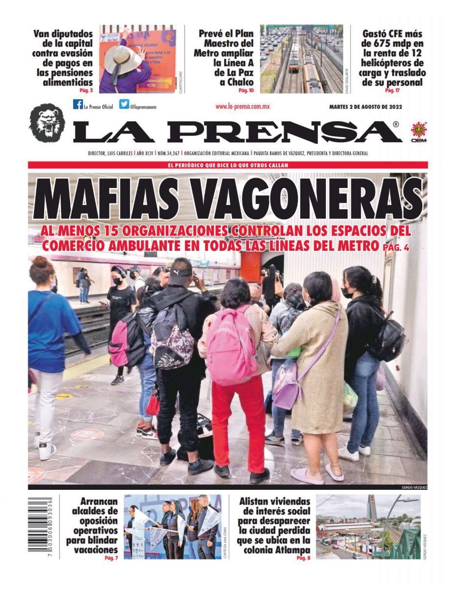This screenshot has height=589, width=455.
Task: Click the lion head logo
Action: [47, 123]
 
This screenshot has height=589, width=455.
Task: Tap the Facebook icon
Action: [78, 105]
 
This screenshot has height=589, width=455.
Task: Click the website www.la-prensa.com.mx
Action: [242, 106]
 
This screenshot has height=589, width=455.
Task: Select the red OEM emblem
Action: [419, 132]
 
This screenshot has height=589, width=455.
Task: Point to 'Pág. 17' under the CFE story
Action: [392, 91]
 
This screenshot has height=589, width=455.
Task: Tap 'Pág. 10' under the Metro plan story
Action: [246, 91]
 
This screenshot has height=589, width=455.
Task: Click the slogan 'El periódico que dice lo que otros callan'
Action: [227, 165]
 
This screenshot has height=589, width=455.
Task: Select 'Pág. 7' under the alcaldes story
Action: [111, 559]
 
